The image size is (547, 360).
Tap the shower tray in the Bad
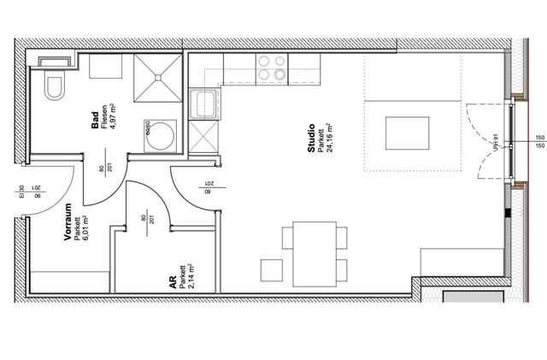(x=157, y=76)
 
